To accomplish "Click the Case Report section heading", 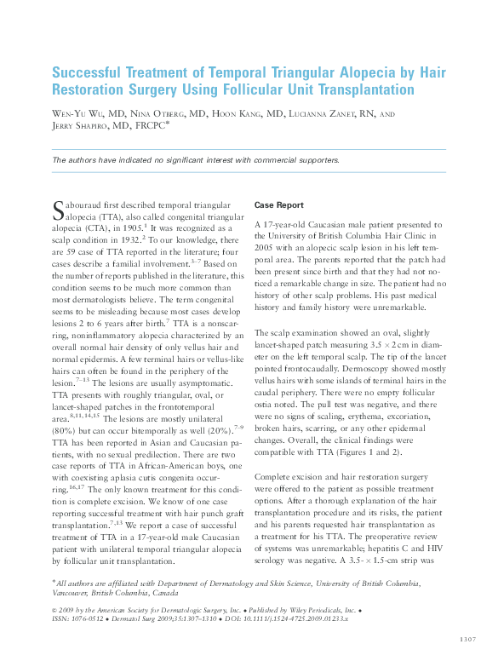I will coord(279,205).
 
